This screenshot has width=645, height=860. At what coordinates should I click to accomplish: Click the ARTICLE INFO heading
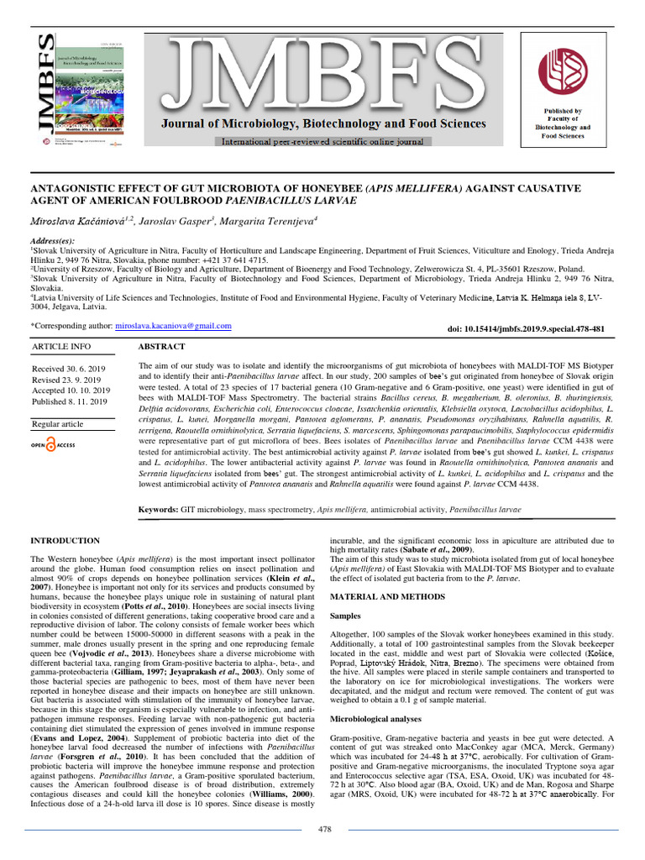click(x=61, y=346)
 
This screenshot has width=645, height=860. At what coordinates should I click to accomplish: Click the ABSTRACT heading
click(x=161, y=346)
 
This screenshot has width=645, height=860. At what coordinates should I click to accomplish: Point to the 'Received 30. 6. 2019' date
click(x=68, y=369)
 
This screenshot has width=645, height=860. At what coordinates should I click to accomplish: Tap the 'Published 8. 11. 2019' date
click(x=70, y=401)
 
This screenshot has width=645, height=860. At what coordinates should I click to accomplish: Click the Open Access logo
click(x=55, y=445)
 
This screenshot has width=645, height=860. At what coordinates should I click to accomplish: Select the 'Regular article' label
click(x=58, y=424)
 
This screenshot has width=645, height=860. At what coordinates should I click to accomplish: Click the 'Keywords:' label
click(x=158, y=509)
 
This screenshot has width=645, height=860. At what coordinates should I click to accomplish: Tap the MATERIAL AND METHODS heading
click(x=387, y=596)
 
